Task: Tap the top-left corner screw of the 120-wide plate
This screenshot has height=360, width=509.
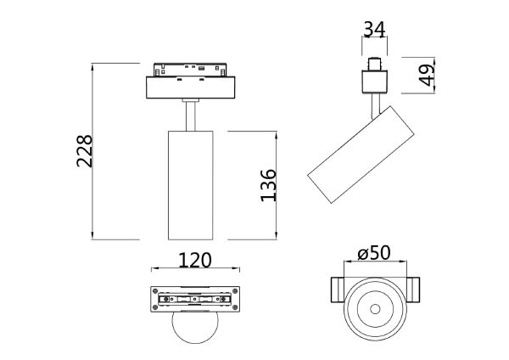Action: (156, 290)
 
